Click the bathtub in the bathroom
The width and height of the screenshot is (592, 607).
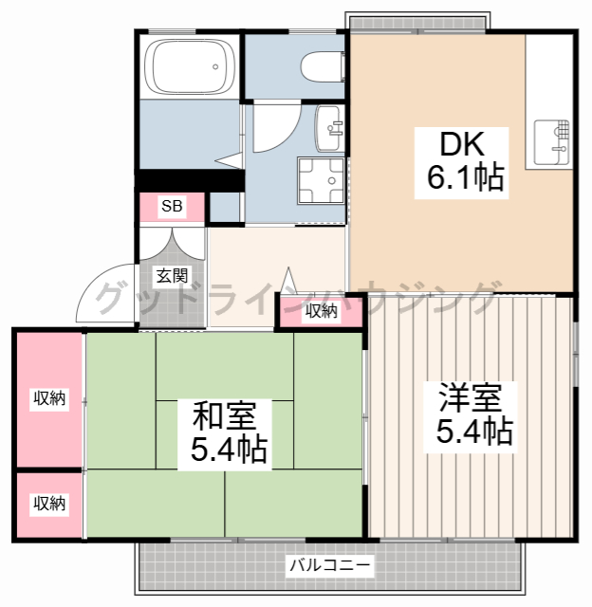pyautogui.click(x=190, y=66)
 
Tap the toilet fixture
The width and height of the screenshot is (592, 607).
pyautogui.click(x=323, y=66)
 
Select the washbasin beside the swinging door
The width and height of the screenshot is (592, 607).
pyautogui.click(x=329, y=128)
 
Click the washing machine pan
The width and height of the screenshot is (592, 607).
pyautogui.click(x=321, y=180)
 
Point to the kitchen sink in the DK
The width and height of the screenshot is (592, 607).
pyautogui.click(x=552, y=142)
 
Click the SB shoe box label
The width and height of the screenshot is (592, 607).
pyautogui.click(x=172, y=206)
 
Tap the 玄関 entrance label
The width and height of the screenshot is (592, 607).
pyautogui.click(x=172, y=276)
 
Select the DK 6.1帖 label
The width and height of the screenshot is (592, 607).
pyautogui.click(x=461, y=162)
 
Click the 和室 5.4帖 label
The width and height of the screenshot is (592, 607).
pyautogui.click(x=225, y=433)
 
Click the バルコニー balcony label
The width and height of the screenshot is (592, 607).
pyautogui.click(x=330, y=565)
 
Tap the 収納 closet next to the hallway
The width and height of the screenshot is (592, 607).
pyautogui.click(x=321, y=311)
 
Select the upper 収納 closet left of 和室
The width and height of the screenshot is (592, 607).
pyautogui.click(x=49, y=398)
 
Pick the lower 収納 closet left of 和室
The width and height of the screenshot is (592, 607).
pyautogui.click(x=49, y=504)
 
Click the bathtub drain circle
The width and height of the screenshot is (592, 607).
pyautogui.click(x=215, y=66)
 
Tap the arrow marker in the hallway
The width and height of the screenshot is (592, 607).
pyautogui.click(x=288, y=280)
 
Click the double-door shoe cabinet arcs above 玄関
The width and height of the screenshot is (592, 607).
pyautogui.click(x=172, y=244)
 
